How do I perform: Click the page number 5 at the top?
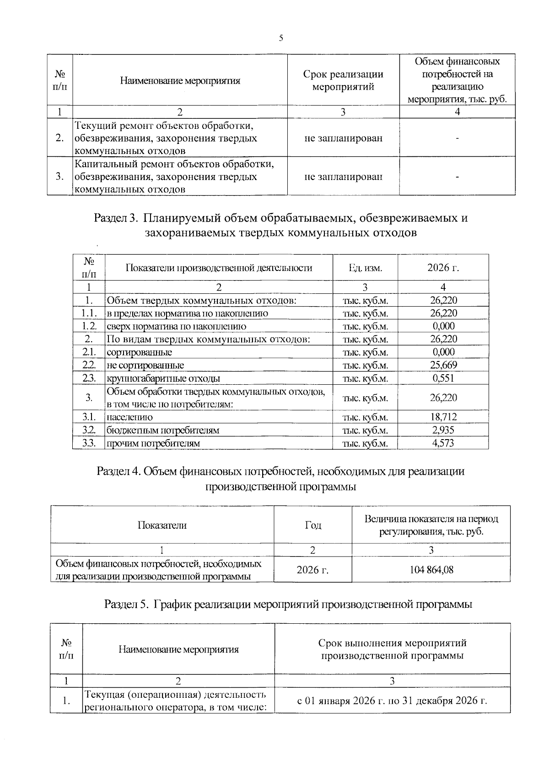(281, 38)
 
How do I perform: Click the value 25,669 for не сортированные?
(443, 365)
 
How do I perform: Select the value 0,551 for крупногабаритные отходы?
(443, 378)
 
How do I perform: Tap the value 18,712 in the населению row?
(443, 417)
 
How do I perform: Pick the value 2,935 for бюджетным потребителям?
(443, 430)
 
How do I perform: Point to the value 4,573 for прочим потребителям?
(443, 443)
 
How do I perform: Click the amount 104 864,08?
(431, 569)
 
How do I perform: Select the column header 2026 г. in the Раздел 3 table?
(443, 267)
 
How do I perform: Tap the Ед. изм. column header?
(365, 268)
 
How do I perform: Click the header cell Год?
(313, 525)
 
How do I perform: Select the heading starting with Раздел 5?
(288, 604)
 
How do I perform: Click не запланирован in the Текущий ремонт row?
(343, 138)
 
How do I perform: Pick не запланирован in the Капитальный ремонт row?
(343, 176)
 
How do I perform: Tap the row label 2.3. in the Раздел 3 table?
(89, 378)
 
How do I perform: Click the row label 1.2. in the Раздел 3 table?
(89, 326)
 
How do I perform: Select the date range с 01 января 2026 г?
(392, 700)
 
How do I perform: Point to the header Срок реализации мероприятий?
(343, 80)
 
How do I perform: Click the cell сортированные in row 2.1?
(139, 352)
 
